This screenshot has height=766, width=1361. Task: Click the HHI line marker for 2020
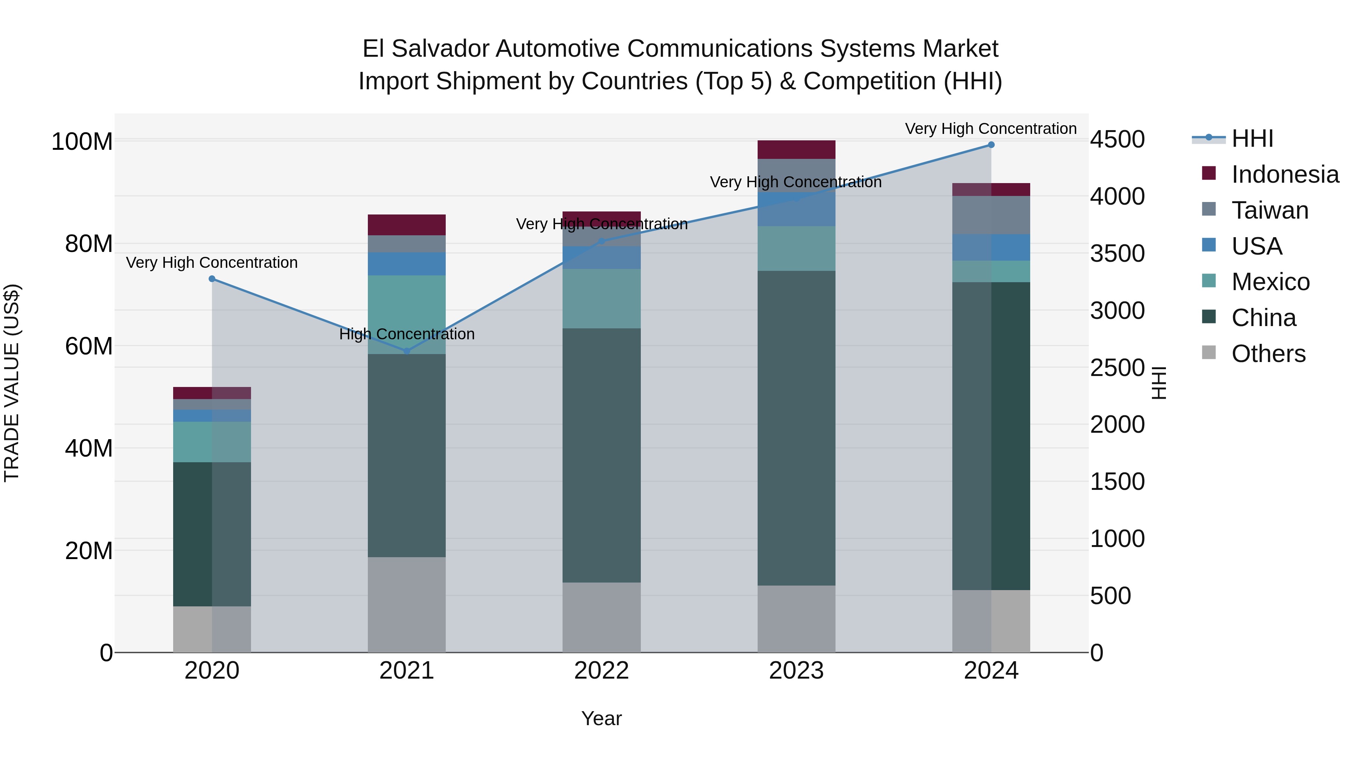(x=212, y=278)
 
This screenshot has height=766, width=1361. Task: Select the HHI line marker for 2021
(x=406, y=351)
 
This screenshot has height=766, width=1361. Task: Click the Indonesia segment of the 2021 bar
(x=406, y=225)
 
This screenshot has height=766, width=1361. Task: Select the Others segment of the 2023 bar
(x=796, y=618)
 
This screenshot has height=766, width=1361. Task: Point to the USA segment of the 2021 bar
(x=406, y=264)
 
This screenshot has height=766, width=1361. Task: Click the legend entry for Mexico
(x=1270, y=282)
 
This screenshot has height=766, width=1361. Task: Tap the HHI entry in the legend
(x=1252, y=138)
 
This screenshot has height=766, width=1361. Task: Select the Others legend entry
(x=1268, y=354)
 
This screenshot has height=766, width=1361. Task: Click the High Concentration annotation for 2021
(x=406, y=334)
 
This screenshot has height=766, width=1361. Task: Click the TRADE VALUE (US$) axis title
(x=12, y=383)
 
